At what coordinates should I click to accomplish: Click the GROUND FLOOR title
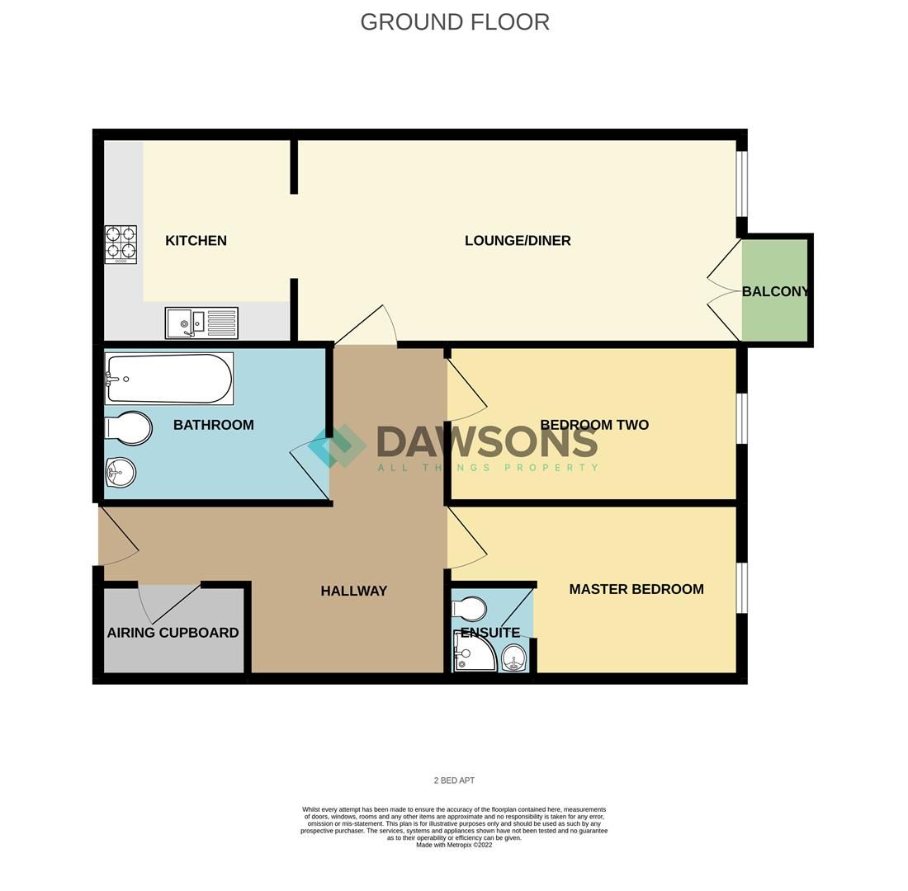pos(455,22)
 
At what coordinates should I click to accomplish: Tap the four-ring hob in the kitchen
pos(121,244)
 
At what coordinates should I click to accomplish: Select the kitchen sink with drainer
pos(201,323)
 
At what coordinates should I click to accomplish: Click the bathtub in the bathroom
pos(169,379)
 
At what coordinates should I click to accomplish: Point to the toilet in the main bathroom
pos(129,428)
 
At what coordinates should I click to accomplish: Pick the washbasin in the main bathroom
pos(121,473)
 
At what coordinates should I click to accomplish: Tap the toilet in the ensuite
pos(470,608)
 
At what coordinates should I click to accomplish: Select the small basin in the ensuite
pos(513,658)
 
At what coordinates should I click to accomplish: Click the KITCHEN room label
pos(196,241)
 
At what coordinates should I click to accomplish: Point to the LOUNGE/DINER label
pos(518,241)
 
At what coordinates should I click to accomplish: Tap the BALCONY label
pos(775,291)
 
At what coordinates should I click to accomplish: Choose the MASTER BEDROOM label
pos(636,589)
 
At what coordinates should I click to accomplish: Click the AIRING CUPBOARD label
pos(173,633)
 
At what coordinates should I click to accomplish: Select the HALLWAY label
pos(353,591)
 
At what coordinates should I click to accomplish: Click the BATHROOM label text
pos(213,425)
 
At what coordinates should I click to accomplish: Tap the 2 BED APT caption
pos(454,780)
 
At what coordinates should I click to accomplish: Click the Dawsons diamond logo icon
pos(338,446)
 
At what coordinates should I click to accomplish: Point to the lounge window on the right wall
pos(741,183)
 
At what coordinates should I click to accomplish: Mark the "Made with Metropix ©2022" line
pos(454,845)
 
